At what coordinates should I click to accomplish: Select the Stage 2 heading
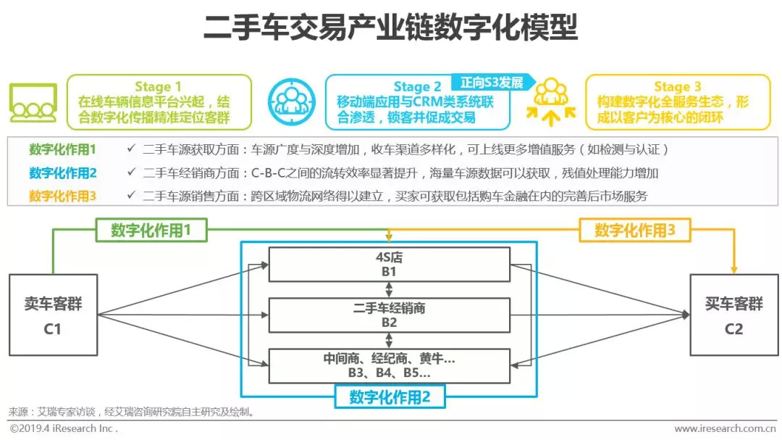tap(417, 87)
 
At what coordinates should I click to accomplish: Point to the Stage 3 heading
tap(677, 87)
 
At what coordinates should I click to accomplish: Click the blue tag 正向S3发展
tap(492, 83)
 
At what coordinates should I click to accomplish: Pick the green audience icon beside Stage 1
tap(33, 103)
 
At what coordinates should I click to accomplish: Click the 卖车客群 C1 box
tap(53, 315)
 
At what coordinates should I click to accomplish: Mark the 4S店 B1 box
tap(389, 264)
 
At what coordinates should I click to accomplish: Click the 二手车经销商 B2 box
tap(389, 315)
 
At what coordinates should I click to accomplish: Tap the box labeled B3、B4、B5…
tap(389, 366)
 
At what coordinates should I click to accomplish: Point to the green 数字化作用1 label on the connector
tap(151, 231)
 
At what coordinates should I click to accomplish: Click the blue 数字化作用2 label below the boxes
tap(390, 397)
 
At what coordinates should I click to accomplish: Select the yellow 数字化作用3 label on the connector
tap(635, 231)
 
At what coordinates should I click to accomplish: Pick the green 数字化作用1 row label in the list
tap(62, 150)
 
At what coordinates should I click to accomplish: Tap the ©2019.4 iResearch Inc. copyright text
tap(64, 429)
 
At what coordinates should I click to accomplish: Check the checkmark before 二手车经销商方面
tap(130, 173)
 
